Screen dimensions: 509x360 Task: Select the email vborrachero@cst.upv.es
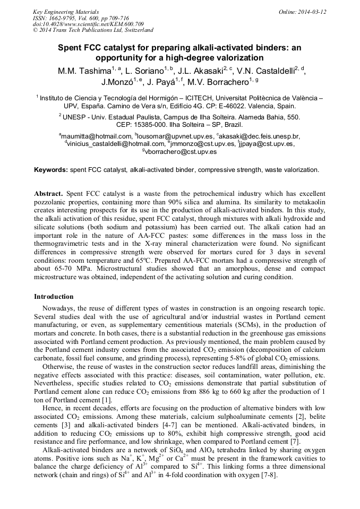pos(181,152)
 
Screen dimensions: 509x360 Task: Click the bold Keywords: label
pos(51,170)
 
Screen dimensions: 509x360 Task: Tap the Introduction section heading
pos(54,296)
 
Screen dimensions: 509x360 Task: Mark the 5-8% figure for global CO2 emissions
pos(218,357)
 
